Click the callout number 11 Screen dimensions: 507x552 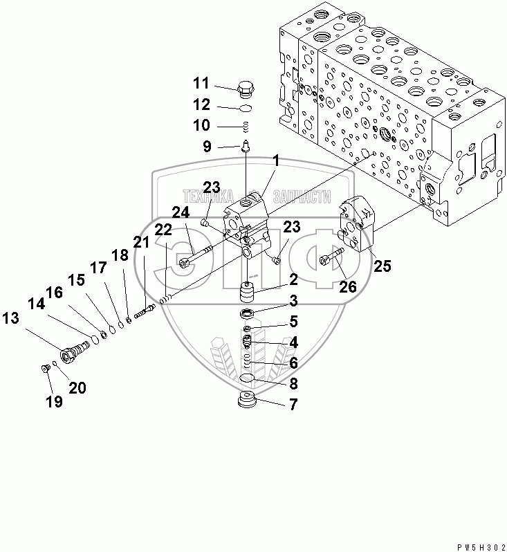(x=201, y=84)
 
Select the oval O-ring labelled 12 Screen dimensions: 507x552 (x=245, y=108)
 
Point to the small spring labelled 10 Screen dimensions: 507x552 (x=246, y=126)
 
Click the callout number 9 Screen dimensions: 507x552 (x=207, y=146)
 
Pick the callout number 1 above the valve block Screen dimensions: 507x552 (x=275, y=160)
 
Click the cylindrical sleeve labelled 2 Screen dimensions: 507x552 (x=249, y=294)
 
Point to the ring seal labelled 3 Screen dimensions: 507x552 (x=249, y=315)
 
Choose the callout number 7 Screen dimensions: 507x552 (x=293, y=405)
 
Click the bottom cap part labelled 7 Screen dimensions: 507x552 (x=247, y=401)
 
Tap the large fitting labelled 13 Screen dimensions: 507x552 (x=70, y=355)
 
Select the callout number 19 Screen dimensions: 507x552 (x=54, y=401)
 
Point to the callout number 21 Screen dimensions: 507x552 (x=141, y=241)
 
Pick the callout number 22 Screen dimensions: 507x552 (x=163, y=230)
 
